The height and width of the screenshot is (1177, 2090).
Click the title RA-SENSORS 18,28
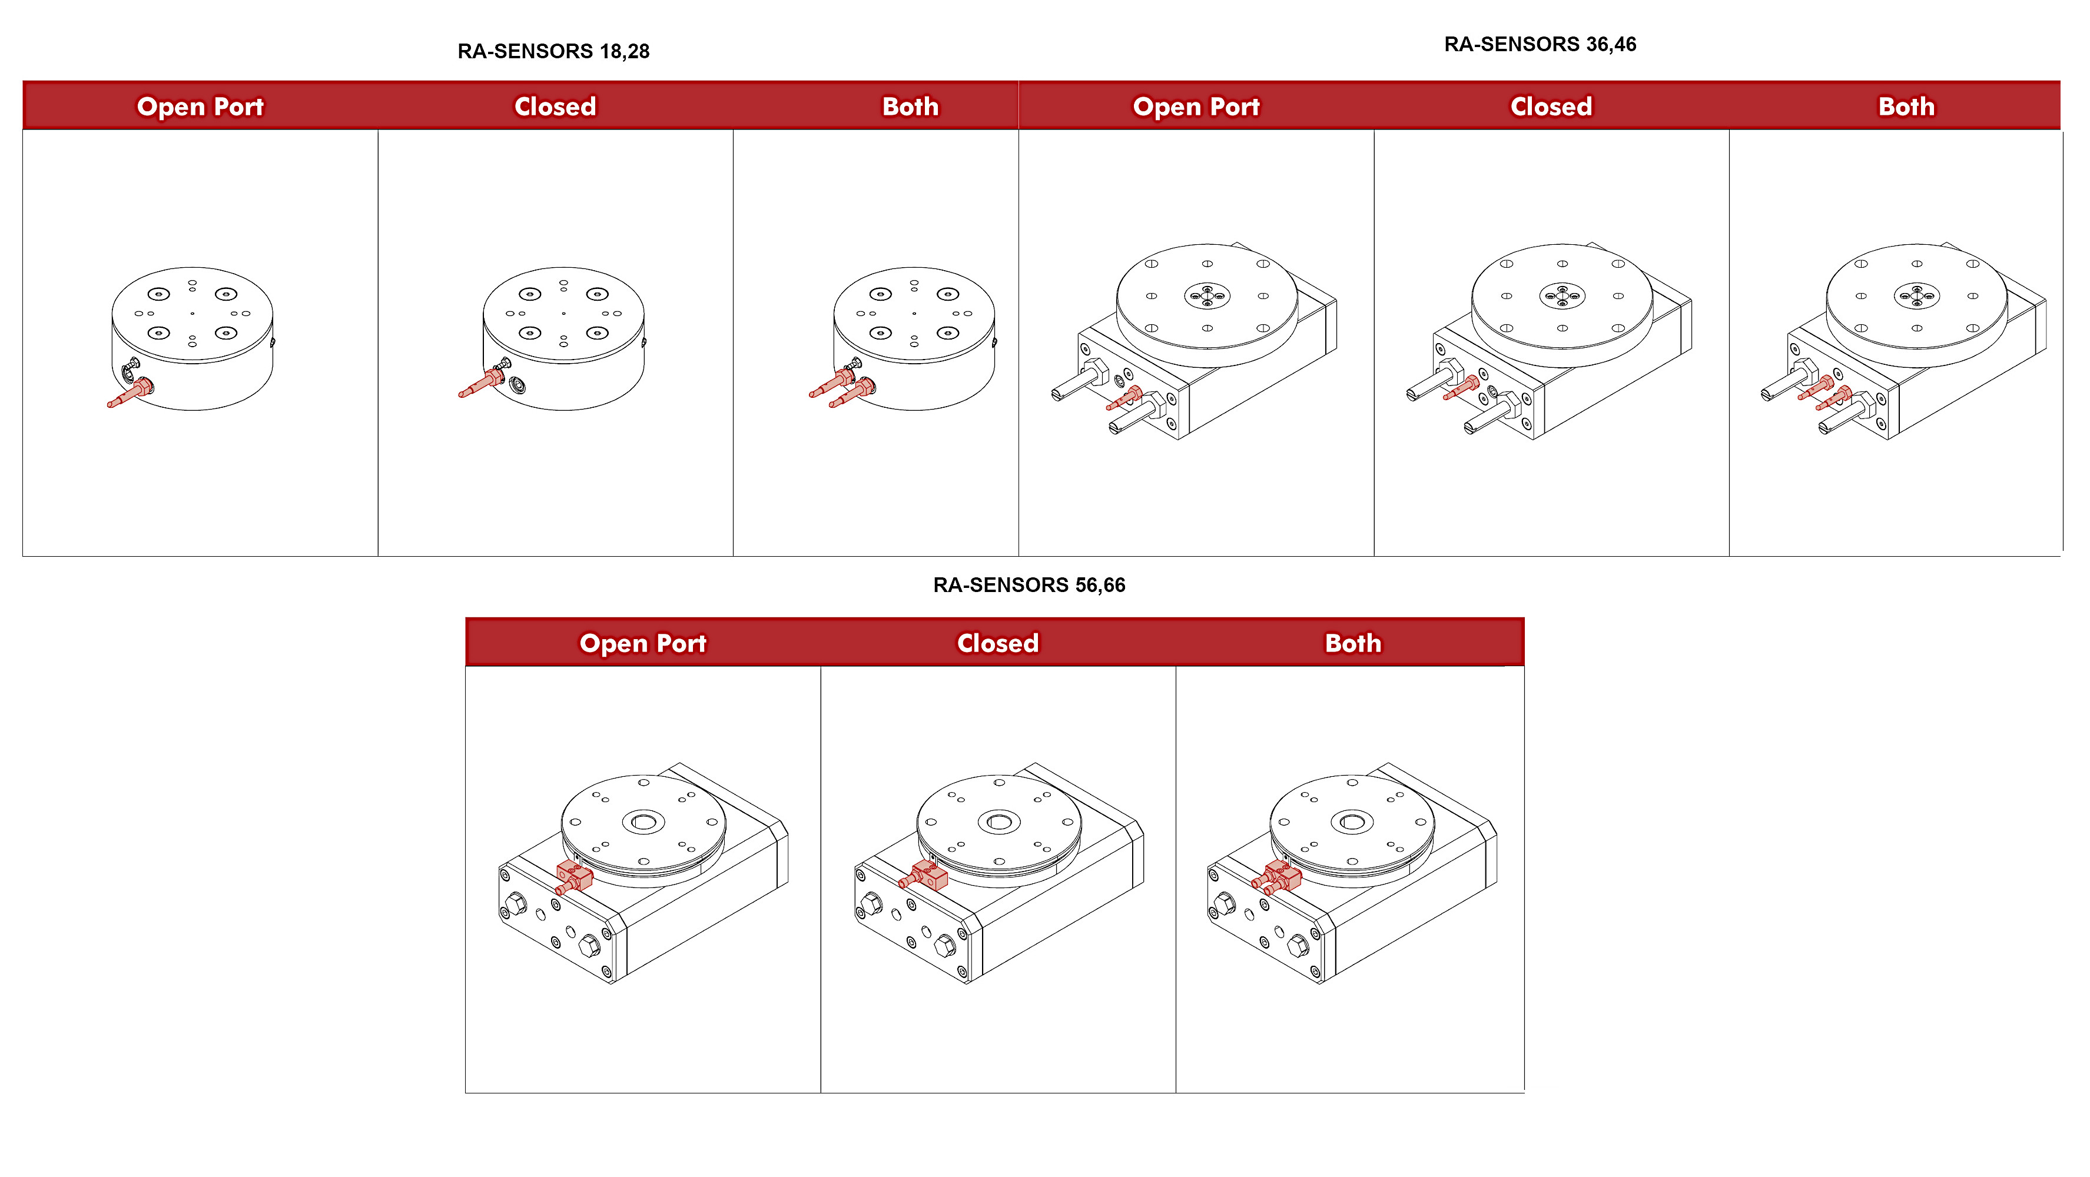point(553,51)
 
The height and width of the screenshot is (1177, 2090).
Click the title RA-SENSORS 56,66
point(1028,585)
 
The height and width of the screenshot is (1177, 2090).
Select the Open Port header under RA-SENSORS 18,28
point(200,107)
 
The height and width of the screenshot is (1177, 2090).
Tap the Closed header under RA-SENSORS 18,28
point(555,107)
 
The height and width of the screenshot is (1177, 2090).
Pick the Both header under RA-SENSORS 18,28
point(910,107)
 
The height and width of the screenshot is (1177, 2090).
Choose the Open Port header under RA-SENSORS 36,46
point(1195,107)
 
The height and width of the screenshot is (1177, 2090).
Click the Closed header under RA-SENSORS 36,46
point(1551,107)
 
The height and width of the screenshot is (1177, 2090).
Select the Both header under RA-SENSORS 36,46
point(1906,107)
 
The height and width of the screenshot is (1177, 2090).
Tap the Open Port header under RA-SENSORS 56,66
point(642,643)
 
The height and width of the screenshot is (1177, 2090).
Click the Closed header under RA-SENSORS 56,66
point(997,643)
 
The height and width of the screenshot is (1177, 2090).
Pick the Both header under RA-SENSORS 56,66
point(1352,643)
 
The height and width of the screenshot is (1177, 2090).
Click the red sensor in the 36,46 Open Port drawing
point(1126,397)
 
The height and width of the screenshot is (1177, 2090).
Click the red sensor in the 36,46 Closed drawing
point(1463,387)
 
